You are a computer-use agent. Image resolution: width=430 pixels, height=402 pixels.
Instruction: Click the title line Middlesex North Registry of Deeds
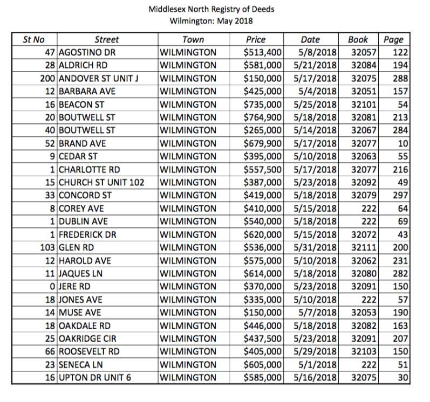click(x=214, y=10)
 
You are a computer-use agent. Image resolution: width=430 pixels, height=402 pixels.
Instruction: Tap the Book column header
click(x=358, y=39)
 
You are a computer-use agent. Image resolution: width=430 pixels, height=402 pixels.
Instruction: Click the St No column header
click(x=33, y=39)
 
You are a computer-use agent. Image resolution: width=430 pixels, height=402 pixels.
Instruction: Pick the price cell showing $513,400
click(x=263, y=53)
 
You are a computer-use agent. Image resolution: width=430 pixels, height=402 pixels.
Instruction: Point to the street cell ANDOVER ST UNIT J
click(x=99, y=79)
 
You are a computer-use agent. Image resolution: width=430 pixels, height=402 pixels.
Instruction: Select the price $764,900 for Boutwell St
click(x=263, y=117)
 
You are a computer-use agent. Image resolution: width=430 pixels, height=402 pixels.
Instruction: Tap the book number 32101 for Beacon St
click(x=364, y=105)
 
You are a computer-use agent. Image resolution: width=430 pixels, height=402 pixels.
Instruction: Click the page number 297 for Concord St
click(x=400, y=196)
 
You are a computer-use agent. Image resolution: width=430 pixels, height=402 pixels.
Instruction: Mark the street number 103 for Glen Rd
click(x=48, y=248)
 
